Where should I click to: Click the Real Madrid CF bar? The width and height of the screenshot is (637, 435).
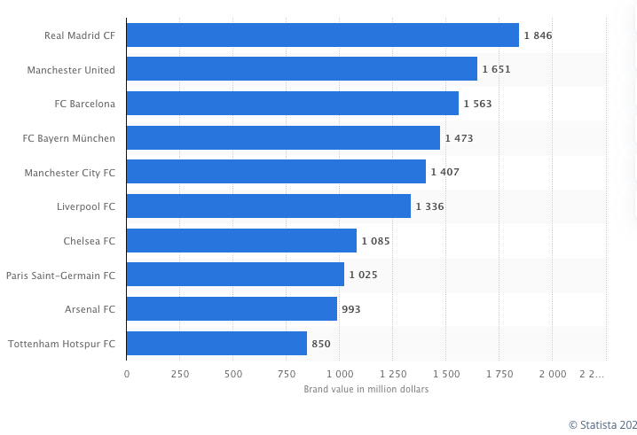[322, 35]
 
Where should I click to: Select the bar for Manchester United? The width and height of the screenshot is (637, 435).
[302, 69]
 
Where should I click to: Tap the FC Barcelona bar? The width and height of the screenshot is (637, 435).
[292, 104]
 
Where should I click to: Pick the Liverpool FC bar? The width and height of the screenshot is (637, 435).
[268, 206]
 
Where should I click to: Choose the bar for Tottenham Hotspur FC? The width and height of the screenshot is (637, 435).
[216, 343]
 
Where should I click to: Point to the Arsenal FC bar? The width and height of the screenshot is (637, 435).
[232, 308]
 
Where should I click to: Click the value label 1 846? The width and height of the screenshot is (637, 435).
[538, 35]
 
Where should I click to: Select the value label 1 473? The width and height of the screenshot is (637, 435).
[459, 138]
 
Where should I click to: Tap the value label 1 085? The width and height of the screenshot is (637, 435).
[375, 241]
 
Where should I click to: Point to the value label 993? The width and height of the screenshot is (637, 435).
[350, 309]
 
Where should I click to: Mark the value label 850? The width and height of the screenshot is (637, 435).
[320, 344]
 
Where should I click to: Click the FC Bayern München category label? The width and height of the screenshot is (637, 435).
[69, 138]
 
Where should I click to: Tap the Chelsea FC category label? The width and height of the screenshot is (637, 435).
[90, 241]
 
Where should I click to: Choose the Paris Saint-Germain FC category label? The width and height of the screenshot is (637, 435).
[60, 275]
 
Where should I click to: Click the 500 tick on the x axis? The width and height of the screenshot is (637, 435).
[233, 375]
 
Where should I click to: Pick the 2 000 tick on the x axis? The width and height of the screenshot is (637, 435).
[553, 375]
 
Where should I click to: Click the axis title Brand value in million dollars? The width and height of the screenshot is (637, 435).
[366, 390]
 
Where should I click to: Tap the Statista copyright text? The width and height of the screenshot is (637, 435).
[602, 424]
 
